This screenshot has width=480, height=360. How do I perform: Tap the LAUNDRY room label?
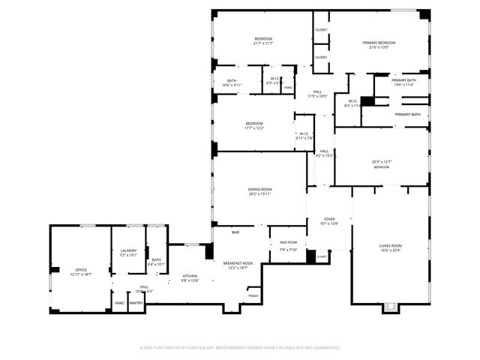coord(129,253)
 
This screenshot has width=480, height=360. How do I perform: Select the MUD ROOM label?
coord(289,243)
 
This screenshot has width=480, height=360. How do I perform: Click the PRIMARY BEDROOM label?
coord(379,43)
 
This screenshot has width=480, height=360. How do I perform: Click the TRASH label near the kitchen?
coord(253,295)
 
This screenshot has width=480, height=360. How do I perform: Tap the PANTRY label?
coord(136,303)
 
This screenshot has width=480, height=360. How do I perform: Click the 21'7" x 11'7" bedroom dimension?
coord(262,43)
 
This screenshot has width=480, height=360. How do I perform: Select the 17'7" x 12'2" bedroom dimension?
coord(253,128)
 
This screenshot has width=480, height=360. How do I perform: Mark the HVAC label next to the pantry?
coord(119,303)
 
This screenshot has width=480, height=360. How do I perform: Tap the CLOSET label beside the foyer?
coord(322,256)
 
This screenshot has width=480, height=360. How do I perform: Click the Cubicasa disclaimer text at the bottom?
coord(240,347)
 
